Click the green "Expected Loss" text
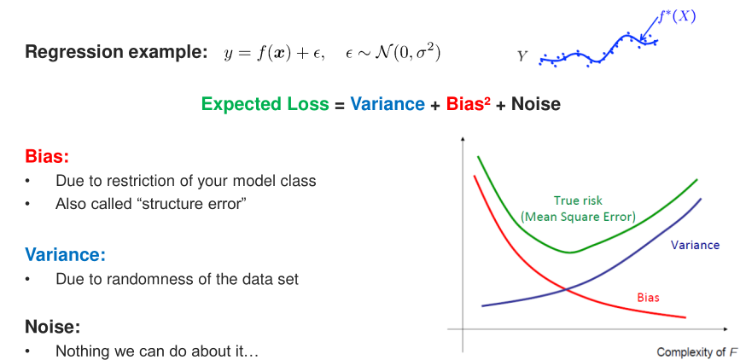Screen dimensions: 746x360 click(265, 105)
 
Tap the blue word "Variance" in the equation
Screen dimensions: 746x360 click(388, 105)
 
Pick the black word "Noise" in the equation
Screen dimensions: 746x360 click(536, 105)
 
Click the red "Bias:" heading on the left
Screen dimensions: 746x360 click(47, 156)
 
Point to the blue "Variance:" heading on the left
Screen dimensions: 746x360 click(65, 255)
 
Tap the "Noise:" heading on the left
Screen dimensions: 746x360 click(52, 327)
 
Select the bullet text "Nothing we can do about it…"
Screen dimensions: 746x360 click(156, 351)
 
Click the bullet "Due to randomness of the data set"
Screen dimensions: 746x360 click(177, 279)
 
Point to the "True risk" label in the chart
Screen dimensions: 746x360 click(578, 200)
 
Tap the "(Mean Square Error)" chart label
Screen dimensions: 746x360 click(578, 218)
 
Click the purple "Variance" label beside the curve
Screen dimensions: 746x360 click(695, 246)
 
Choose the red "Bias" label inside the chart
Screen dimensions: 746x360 click(648, 299)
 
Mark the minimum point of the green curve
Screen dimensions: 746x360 click(570, 253)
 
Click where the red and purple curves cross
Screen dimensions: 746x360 click(565, 288)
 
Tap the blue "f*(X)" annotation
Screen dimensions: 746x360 click(677, 17)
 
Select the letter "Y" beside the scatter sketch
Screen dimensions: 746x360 click(522, 57)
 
